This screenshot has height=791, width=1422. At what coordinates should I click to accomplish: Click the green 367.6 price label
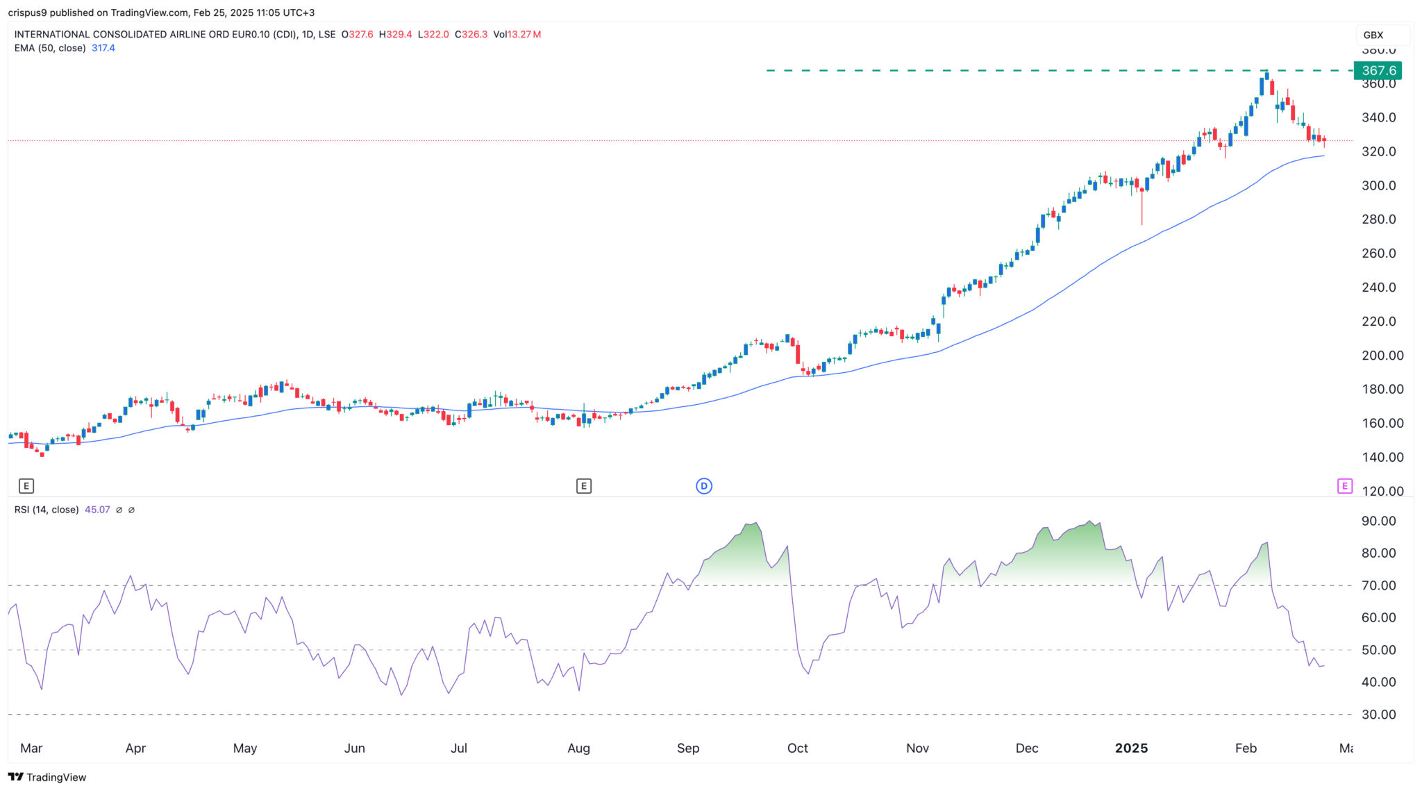tap(1378, 71)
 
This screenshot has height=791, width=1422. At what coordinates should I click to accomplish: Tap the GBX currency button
tap(1373, 35)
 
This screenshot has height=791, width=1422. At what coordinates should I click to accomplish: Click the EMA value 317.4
tap(103, 48)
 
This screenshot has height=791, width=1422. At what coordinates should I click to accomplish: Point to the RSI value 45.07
tap(97, 510)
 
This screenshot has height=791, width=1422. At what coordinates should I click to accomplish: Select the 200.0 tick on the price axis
tap(1382, 356)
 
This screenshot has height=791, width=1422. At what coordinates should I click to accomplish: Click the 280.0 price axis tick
tap(1378, 219)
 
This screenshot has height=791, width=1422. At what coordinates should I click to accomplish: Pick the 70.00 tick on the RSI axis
tap(1378, 585)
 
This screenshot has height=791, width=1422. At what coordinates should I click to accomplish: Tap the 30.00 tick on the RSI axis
tap(1378, 715)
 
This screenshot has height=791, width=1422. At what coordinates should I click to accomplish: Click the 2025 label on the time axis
tap(1131, 748)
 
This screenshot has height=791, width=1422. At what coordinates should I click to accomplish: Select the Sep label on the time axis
tap(688, 748)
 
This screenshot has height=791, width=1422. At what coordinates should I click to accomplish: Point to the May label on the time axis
tap(245, 748)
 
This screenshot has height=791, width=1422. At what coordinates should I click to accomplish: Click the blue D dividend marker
tap(704, 486)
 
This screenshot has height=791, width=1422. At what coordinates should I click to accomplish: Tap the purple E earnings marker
tap(1344, 486)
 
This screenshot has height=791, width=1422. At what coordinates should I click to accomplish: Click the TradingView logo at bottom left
tap(47, 777)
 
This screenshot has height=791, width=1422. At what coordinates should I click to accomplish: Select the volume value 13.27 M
tap(517, 34)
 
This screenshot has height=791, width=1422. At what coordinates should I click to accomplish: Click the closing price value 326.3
tap(475, 34)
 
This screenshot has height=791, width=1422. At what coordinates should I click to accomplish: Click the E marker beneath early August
tap(583, 486)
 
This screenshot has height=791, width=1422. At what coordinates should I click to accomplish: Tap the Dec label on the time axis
tap(1027, 748)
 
